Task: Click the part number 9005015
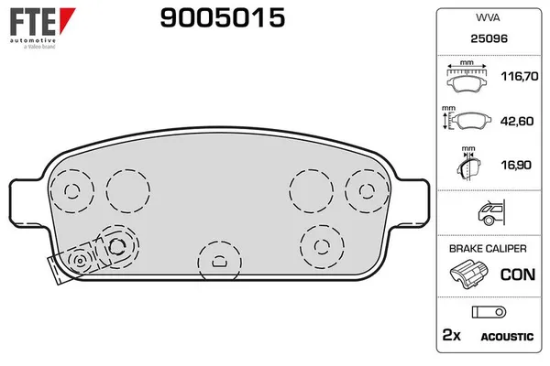pos(223,18)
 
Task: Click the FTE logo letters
pos(33,22)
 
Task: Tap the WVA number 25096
pos(489,38)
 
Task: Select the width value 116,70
pos(520,76)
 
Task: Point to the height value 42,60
pos(517,121)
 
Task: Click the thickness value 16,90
pos(516,165)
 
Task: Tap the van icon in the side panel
pos(491,212)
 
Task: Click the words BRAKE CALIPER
pos(488,249)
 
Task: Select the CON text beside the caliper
pos(518,274)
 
